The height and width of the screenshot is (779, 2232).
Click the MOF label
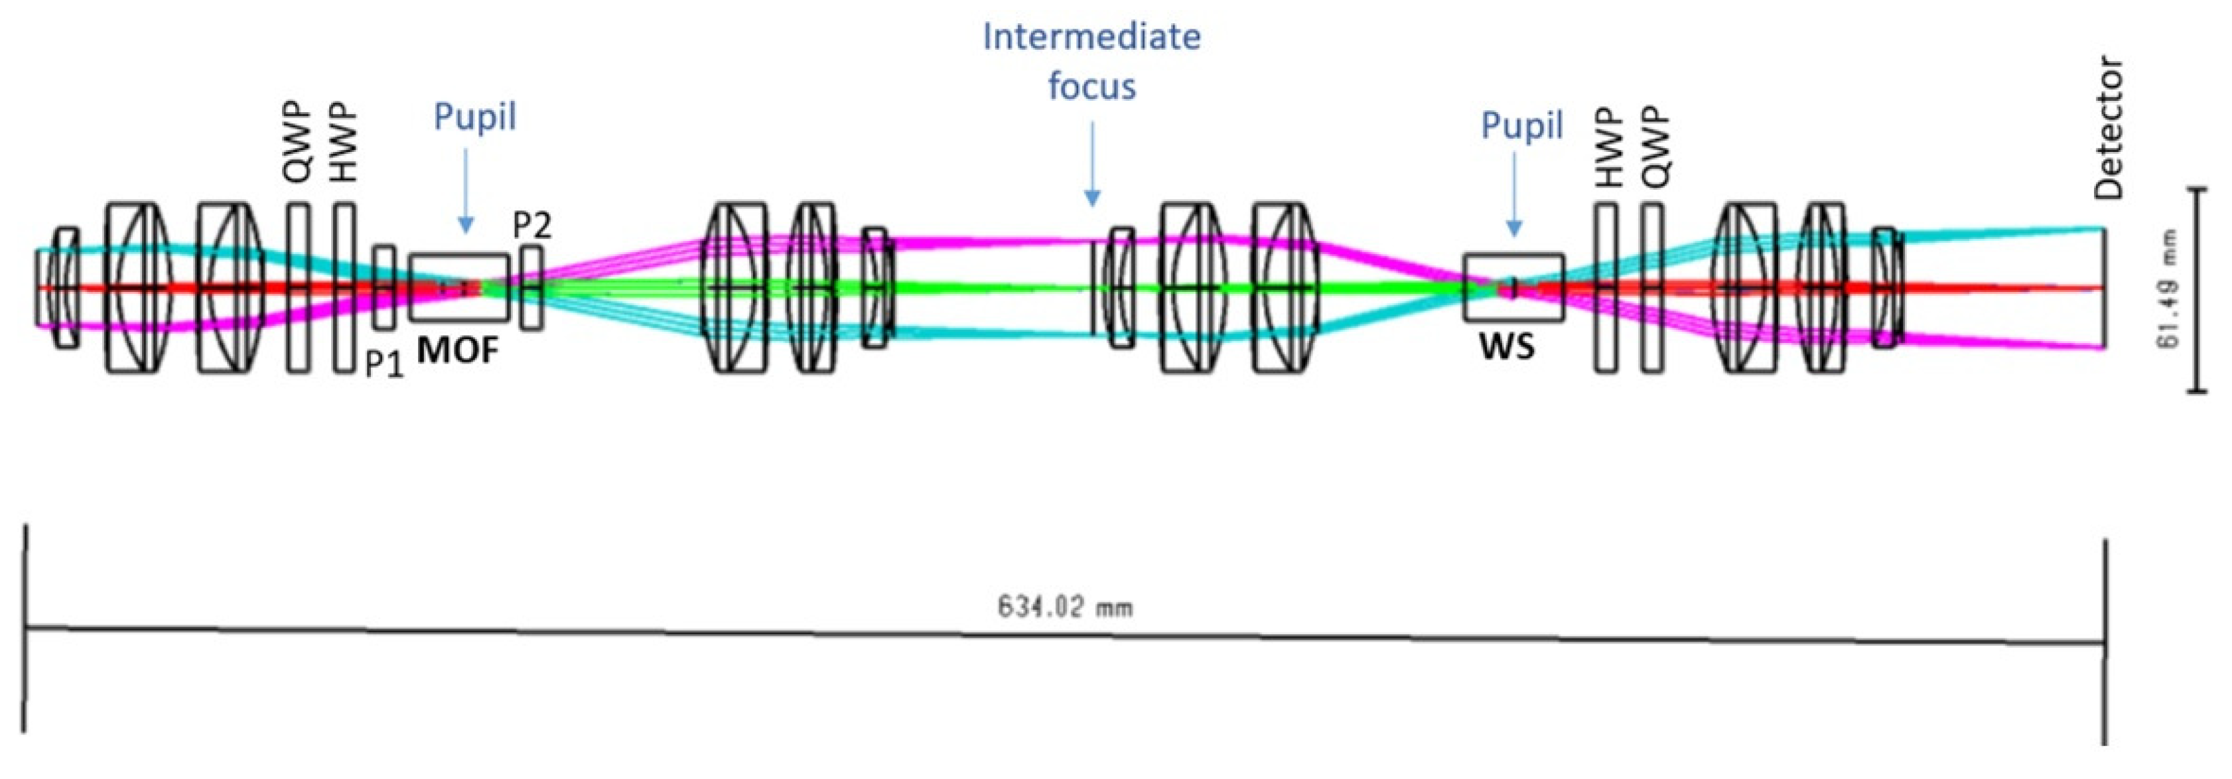click(x=458, y=351)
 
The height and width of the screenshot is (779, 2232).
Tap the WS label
click(x=1507, y=346)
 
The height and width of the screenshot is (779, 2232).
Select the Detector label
click(x=2108, y=128)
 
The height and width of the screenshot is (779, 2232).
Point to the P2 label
click(x=531, y=226)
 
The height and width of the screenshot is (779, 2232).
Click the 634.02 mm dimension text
click(x=1064, y=606)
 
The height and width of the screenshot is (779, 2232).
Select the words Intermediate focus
click(x=1091, y=60)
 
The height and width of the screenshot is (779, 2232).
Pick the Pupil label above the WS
click(x=1521, y=125)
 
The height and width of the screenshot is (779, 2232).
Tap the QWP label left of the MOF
click(x=297, y=143)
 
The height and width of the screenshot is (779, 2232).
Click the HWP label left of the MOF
click(x=344, y=143)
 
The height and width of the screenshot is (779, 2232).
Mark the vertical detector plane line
click(x=2105, y=289)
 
